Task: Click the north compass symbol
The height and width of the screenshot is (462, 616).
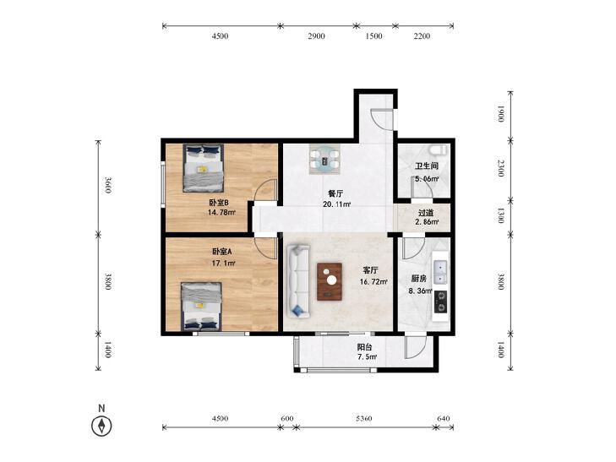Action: click(101, 426)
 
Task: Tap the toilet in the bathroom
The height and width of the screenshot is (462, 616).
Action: click(438, 150)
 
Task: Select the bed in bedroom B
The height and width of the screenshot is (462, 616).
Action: click(203, 168)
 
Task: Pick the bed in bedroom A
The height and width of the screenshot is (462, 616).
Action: click(202, 306)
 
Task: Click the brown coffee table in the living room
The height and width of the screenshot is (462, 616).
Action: click(330, 281)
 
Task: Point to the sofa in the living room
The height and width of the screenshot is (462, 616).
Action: click(298, 281)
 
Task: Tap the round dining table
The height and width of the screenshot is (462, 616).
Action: click(324, 160)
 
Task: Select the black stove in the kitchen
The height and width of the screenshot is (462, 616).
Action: click(440, 302)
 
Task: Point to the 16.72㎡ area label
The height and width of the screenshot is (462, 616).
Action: click(373, 281)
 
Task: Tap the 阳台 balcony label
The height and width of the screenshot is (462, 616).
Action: click(364, 347)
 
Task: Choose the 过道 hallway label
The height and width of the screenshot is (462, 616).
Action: click(426, 213)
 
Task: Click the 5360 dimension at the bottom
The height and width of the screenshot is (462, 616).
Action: click(364, 418)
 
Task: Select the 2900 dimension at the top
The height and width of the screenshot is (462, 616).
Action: click(316, 36)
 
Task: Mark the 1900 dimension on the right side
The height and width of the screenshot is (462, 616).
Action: click(500, 114)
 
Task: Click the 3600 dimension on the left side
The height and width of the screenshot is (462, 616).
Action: click(107, 185)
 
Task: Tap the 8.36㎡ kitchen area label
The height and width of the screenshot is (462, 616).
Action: click(420, 291)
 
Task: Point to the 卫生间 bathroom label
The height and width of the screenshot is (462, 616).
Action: click(427, 166)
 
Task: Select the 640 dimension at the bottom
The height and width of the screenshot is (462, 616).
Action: click(443, 418)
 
